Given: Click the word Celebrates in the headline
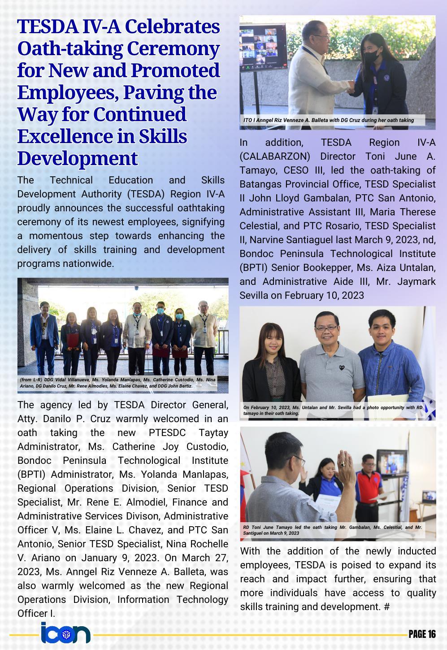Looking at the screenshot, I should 173,27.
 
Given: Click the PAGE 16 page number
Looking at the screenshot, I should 422,634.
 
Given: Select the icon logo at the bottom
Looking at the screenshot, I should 65,633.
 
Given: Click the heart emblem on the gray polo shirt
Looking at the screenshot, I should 342,367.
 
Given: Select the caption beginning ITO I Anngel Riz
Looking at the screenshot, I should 329,120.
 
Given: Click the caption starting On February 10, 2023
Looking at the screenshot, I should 333,410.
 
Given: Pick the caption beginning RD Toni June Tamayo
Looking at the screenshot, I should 333,530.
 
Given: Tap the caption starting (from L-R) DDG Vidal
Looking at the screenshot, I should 117,383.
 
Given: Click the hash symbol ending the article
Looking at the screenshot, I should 387,607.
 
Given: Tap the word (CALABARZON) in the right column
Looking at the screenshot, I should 275,157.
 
